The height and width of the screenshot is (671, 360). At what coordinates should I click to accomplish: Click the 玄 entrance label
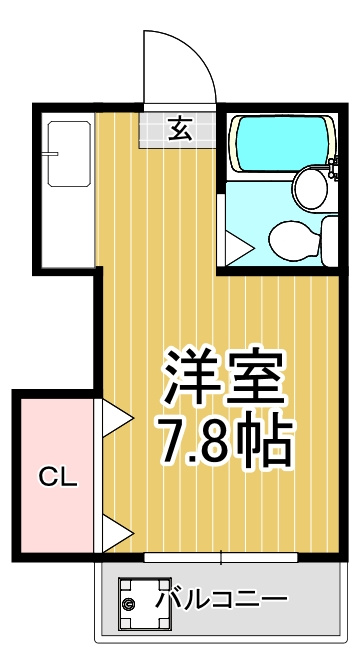pyautogui.click(x=179, y=129)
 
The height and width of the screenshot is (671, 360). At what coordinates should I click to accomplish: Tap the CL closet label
pyautogui.click(x=58, y=477)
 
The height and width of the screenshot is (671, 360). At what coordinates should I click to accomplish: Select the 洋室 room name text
pyautogui.click(x=224, y=377)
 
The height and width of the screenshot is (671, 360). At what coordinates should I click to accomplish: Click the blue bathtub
pyautogui.click(x=282, y=143)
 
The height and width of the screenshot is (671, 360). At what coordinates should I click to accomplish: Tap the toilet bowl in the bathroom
pyautogui.click(x=295, y=240)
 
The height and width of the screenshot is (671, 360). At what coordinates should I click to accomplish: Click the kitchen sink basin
pyautogui.click(x=69, y=154)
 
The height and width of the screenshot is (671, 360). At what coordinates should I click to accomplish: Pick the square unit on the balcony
pyautogui.click(x=145, y=604)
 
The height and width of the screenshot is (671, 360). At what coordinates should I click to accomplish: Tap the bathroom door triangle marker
pyautogui.click(x=239, y=248)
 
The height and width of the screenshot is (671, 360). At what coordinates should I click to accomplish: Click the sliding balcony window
pyautogui.click(x=220, y=557)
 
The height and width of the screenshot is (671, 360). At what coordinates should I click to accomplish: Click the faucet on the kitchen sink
pyautogui.click(x=52, y=153)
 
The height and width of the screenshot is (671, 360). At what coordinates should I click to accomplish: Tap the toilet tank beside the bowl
pyautogui.click(x=329, y=241)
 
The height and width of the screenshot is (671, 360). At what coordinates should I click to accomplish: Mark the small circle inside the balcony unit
pyautogui.click(x=128, y=604)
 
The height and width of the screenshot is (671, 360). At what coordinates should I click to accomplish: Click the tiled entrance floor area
pyautogui.click(x=177, y=130)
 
